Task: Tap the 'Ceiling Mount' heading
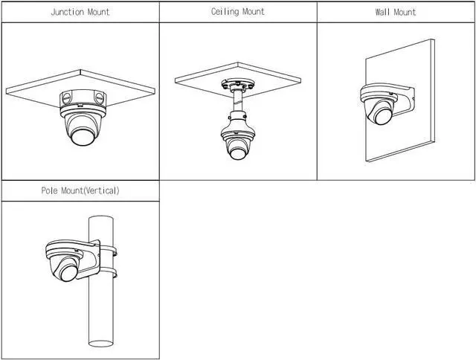tap(238, 13)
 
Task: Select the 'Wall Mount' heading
tap(396, 13)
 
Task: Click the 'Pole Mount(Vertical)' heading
tap(80, 191)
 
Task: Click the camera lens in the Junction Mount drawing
tap(80, 136)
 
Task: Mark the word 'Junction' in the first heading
tap(67, 13)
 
